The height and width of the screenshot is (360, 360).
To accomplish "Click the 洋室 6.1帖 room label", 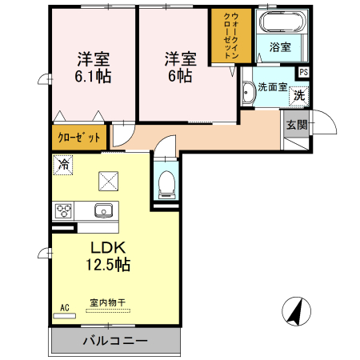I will point(93,67).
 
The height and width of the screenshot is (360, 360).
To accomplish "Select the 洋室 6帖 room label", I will point(180,67).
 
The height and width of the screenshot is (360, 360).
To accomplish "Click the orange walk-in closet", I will point(230,37).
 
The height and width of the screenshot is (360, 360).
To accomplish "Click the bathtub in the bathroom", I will point(279,22).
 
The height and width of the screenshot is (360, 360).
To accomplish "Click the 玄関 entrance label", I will point(296,124).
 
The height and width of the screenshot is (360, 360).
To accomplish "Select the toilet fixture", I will point(166,183).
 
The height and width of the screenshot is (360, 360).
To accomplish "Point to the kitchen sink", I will point(102,211).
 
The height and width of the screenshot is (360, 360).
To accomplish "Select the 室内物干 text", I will point(106,302).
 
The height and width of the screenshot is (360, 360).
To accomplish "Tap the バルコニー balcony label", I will point(114,341).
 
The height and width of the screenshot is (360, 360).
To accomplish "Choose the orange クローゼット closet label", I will point(78,137).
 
